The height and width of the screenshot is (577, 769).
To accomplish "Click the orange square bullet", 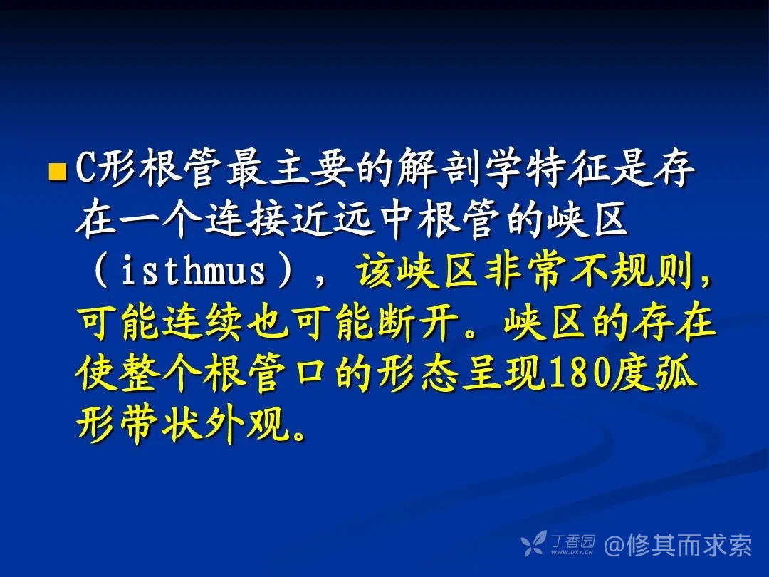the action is click(57, 172).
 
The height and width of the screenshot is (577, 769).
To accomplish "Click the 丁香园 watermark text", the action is click(572, 541).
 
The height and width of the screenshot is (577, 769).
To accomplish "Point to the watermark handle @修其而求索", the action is click(678, 545).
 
